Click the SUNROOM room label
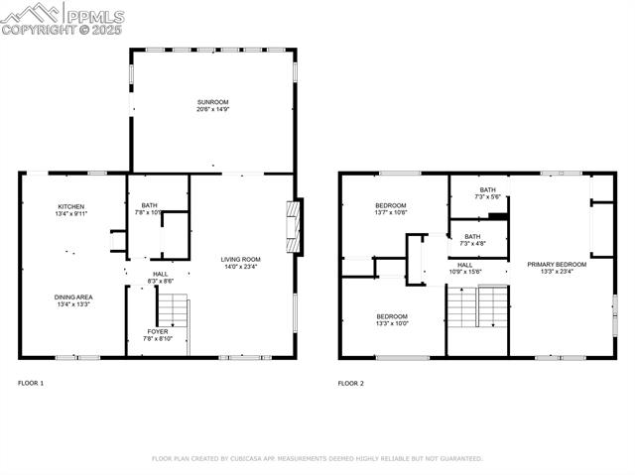tap(212, 102)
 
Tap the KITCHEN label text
tap(70, 206)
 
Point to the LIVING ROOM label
tap(240, 259)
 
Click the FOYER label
tap(158, 331)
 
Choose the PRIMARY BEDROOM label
tap(557, 264)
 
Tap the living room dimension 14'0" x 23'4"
tap(240, 267)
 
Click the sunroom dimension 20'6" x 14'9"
tap(212, 110)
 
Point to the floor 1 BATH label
tap(149, 204)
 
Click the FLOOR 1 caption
tap(31, 383)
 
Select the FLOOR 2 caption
tap(350, 383)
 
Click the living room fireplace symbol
tap(293, 228)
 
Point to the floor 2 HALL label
tap(464, 265)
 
